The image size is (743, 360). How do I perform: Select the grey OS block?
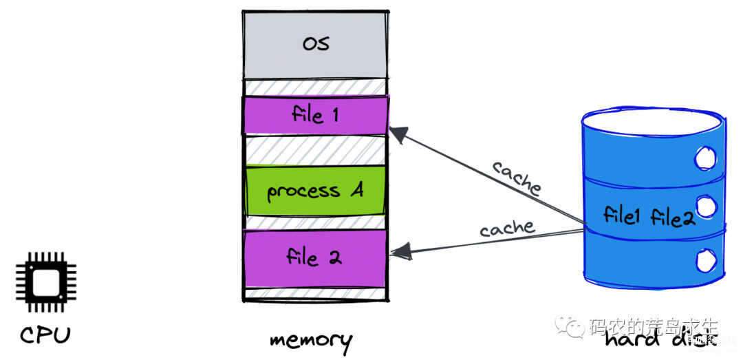tap(315, 44)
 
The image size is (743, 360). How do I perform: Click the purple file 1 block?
tap(315, 114)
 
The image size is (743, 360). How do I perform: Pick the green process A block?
tap(315, 191)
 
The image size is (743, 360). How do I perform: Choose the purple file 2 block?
tap(314, 258)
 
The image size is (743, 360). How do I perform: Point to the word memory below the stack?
tap(311, 340)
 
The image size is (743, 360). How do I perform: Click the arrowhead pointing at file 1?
tap(398, 134)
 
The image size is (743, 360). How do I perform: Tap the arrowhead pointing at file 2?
tap(400, 252)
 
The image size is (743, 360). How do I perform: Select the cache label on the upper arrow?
tap(517, 177)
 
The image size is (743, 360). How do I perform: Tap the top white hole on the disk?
tap(704, 160)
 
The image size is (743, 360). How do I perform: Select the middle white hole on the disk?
tap(704, 206)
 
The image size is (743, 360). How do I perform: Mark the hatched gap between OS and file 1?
tap(315, 87)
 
